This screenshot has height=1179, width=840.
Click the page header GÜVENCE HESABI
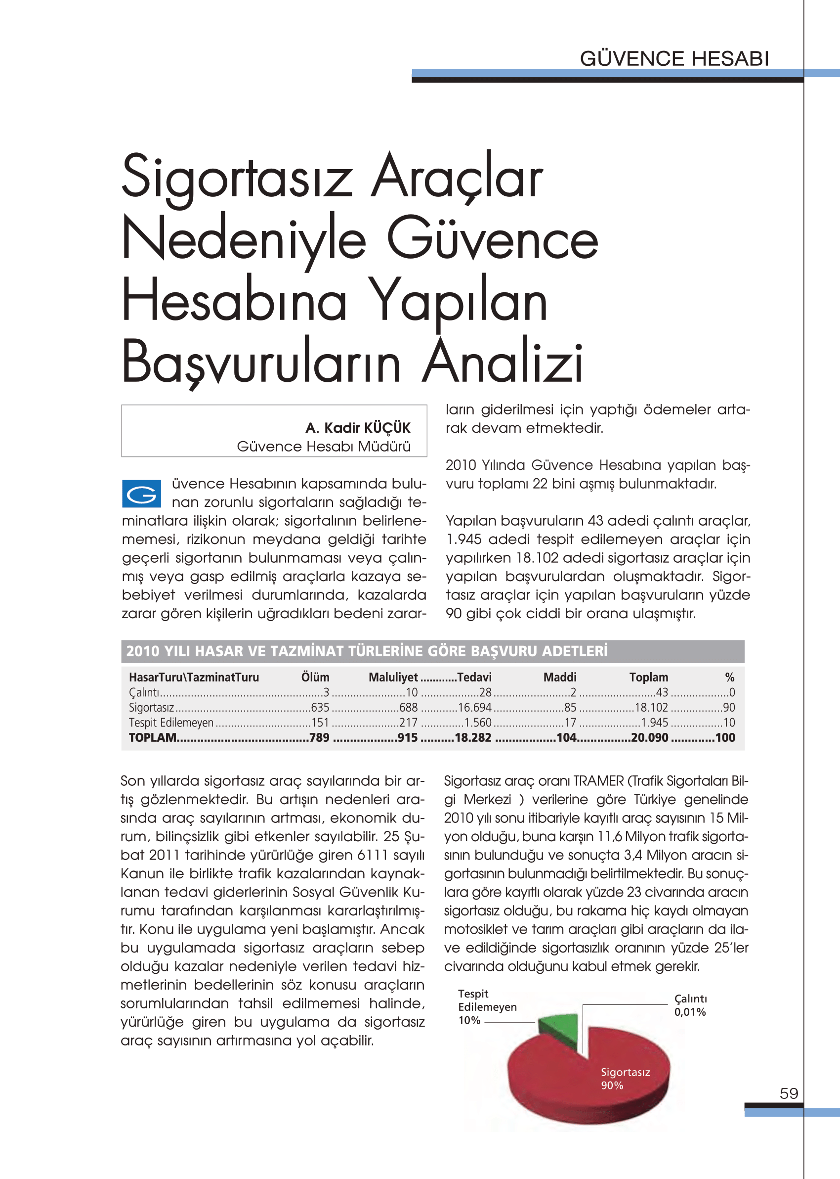(674, 58)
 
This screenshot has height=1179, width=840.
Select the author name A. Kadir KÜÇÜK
(357, 428)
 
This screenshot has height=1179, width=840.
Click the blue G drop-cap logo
(141, 493)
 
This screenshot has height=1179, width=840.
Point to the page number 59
(789, 1093)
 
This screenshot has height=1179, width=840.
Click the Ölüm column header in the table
(315, 677)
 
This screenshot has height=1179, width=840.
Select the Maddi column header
(560, 677)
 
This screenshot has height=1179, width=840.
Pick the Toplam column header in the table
(649, 677)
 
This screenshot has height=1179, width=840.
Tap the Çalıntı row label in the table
(144, 692)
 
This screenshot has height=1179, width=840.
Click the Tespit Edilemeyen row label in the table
(171, 723)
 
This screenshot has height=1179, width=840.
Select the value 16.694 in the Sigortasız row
(474, 708)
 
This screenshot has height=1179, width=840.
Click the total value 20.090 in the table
(650, 737)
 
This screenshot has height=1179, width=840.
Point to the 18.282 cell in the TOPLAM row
(473, 737)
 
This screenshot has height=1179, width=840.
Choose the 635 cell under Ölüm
(320, 708)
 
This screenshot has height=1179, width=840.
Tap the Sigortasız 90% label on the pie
(625, 1079)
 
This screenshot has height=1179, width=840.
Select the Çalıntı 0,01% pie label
(690, 1005)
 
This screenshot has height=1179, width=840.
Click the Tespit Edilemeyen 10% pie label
(487, 1007)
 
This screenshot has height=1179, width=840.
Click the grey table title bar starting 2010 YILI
(432, 651)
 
